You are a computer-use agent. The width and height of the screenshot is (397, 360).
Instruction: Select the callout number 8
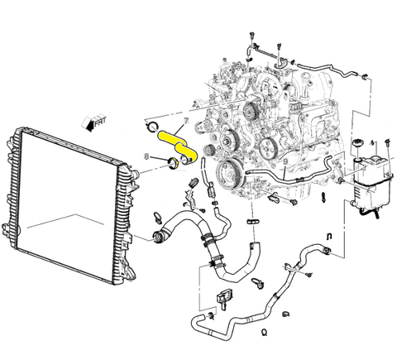point(147,156)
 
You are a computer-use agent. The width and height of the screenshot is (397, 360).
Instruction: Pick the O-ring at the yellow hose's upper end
point(151,127)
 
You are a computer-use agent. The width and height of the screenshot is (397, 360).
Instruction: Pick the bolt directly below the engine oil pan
point(294,200)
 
